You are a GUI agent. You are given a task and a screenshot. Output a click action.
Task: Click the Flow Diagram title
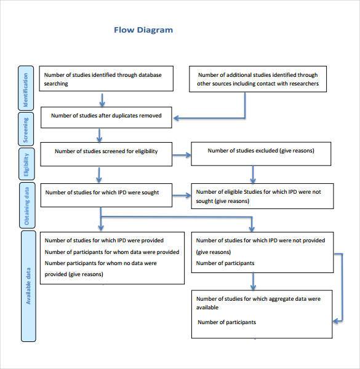143,30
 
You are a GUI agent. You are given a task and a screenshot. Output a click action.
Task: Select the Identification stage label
26,90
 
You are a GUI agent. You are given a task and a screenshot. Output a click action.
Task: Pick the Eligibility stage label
26,165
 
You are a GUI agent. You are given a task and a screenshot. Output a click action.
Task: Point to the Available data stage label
28,286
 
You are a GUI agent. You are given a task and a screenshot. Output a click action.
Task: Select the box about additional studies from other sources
258,79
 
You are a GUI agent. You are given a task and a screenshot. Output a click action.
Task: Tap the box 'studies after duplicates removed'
106,117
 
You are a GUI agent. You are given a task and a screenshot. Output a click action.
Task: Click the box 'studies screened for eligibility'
106,154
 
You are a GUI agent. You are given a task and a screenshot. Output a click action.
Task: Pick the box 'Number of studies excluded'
261,153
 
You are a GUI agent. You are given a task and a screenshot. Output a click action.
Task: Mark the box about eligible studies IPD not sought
261,196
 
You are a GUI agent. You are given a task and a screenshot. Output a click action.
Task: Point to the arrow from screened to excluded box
182,155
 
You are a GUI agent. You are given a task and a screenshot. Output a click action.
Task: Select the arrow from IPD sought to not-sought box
182,196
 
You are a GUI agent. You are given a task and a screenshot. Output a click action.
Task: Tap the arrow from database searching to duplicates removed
102,99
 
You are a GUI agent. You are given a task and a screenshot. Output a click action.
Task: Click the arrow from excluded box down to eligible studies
252,173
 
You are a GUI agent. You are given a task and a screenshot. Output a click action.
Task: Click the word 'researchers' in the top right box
303,84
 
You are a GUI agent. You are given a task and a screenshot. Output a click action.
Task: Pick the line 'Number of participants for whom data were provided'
112,252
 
